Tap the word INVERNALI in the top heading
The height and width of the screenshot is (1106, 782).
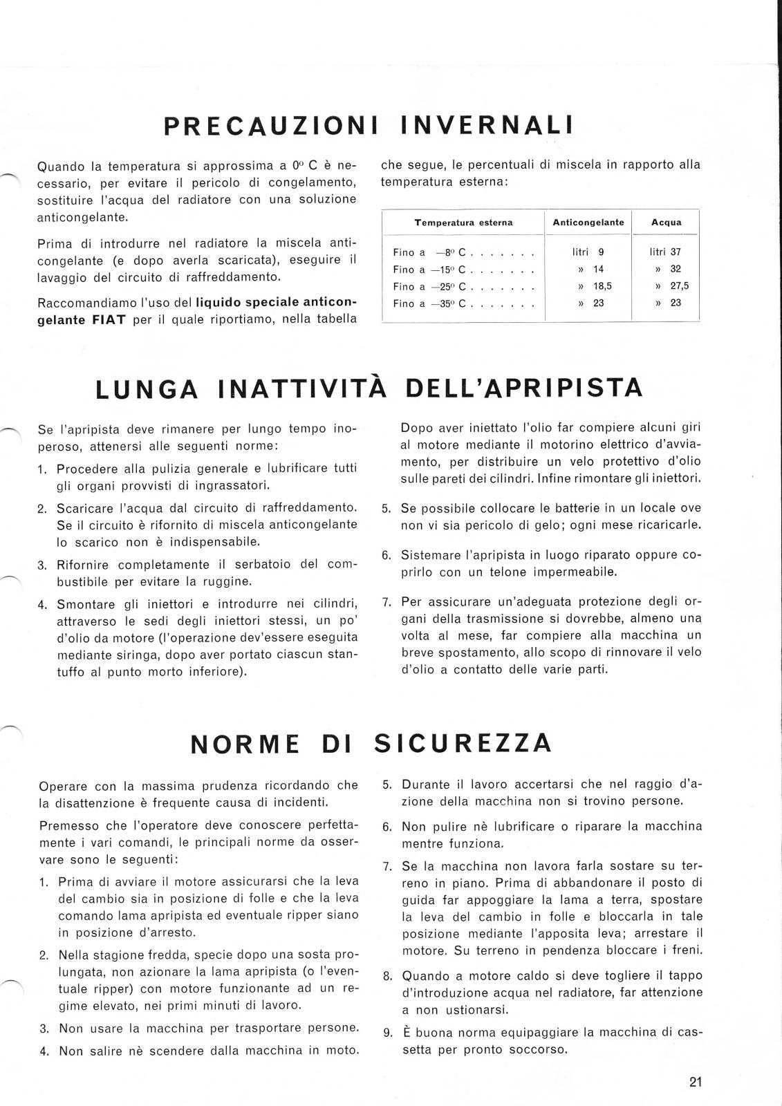(487, 126)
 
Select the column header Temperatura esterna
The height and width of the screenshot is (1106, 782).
(463, 223)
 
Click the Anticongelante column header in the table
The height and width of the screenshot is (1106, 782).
(588, 223)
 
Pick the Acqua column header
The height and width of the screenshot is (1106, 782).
(667, 223)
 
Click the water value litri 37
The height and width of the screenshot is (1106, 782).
(665, 252)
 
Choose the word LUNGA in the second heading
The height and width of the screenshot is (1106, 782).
(147, 390)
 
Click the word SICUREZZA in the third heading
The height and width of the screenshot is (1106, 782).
(463, 743)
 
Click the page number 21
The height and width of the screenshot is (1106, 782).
(696, 1082)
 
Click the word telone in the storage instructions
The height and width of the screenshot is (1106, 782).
(492, 572)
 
